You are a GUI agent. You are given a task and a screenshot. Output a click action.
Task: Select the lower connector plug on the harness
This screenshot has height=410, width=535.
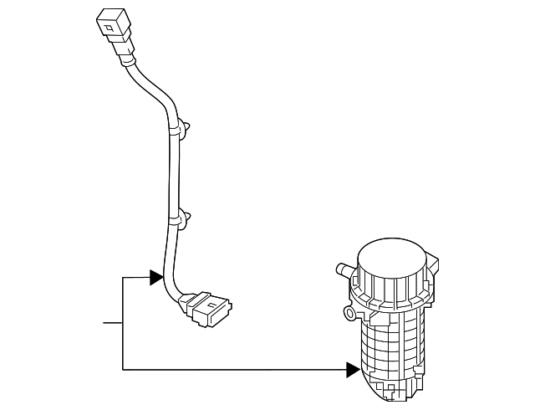(208, 307)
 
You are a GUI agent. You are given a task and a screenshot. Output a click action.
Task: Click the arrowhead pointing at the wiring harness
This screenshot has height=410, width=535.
(156, 277)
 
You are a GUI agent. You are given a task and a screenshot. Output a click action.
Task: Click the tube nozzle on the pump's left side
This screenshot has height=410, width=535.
(341, 270)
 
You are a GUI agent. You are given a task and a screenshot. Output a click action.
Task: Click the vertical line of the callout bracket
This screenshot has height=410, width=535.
(123, 322)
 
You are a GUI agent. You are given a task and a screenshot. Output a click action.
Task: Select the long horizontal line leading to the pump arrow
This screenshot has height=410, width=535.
(234, 368)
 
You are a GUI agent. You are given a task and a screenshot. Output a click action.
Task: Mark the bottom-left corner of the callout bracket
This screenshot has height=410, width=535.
(123, 368)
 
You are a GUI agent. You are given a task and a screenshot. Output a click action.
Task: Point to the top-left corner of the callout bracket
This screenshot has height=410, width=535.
(123, 277)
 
